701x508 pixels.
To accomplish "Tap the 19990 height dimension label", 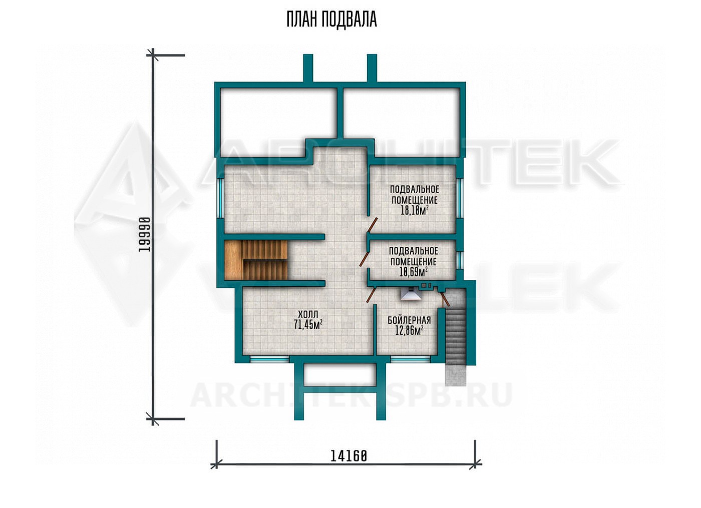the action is coord(145,234).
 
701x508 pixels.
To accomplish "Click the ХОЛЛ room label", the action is coord(308,314).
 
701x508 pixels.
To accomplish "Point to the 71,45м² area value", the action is coord(308,324).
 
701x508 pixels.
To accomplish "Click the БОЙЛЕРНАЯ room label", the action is coord(409,320).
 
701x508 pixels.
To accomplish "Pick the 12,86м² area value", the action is coord(409,330).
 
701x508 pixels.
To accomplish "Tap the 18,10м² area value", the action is coord(415,211).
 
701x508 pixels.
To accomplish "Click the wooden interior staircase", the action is coord(256,260).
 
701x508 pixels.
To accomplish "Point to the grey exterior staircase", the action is coord(455,336).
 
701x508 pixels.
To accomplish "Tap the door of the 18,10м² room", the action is coord(373,226).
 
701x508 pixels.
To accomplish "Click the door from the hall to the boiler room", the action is coord(371,294).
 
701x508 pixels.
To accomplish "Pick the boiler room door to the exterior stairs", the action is coord(445,298).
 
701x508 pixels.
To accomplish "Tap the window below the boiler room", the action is coord(411,359).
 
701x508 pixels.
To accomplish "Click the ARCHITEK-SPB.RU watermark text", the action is coord(350,395).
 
